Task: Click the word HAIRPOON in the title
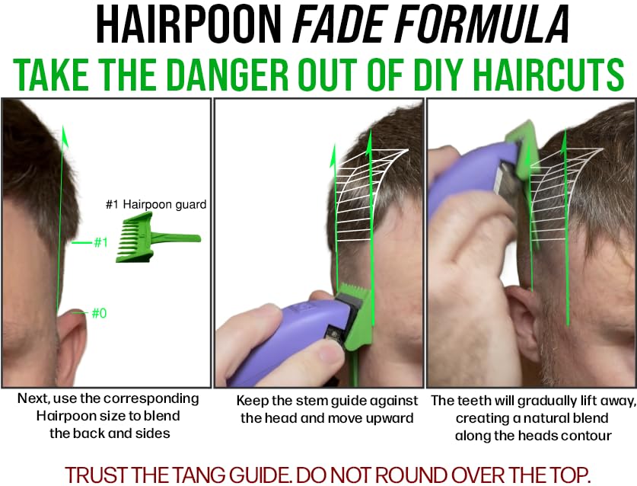pos(189,24)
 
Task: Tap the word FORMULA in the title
pos(483,24)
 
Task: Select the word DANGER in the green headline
pos(227,75)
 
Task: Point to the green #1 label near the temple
pos(100,242)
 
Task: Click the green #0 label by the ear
pos(99,313)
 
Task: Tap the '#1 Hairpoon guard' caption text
pos(156,204)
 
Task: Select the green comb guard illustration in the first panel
pos(158,239)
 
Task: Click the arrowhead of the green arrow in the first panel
pos(64,136)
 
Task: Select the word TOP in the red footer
pos(569,475)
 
